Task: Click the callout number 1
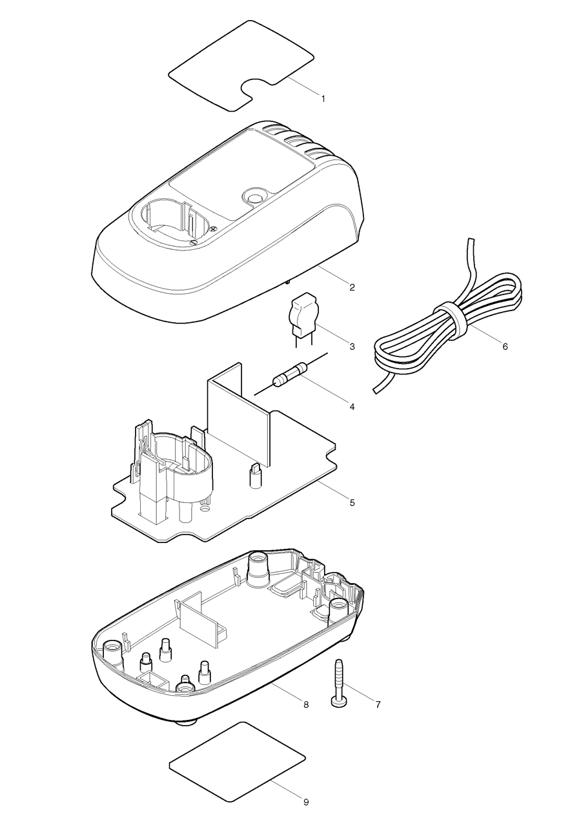[x=323, y=99]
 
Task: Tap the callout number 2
[x=352, y=287]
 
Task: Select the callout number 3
[x=352, y=347]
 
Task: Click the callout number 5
[x=352, y=502]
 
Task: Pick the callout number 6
[x=505, y=347]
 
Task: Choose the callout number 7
[x=377, y=704]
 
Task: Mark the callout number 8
[x=305, y=704]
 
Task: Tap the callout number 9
[x=305, y=802]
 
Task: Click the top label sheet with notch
[x=242, y=61]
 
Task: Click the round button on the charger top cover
[x=253, y=195]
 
